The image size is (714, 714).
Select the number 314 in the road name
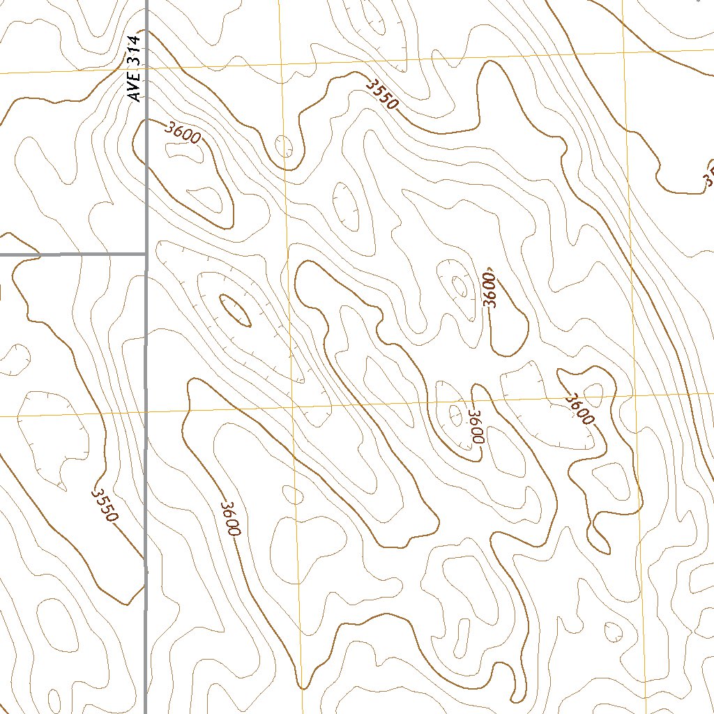tap(135, 53)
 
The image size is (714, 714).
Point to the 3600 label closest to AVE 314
tap(183, 132)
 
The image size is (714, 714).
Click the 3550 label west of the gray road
tap(105, 505)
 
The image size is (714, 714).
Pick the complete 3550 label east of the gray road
tap(382, 93)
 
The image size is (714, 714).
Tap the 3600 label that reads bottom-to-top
tap(492, 289)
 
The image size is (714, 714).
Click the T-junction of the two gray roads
tap(145, 255)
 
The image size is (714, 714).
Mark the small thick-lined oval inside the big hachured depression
tap(235, 310)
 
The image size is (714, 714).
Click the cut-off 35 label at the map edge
tap(708, 177)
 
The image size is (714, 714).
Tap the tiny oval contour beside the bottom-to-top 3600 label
tap(459, 284)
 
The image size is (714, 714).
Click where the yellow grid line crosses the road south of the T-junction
tap(145, 412)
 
